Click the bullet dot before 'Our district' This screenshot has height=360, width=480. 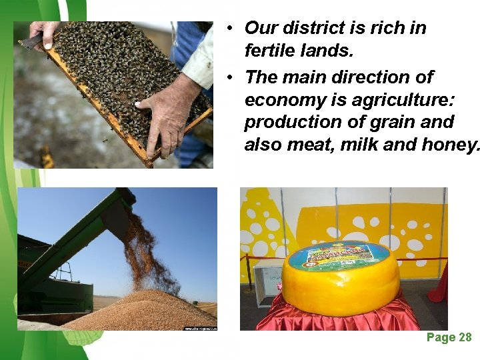tap(229, 29)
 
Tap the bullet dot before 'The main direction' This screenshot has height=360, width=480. tap(229, 77)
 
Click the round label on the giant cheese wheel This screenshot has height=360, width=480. tap(339, 255)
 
